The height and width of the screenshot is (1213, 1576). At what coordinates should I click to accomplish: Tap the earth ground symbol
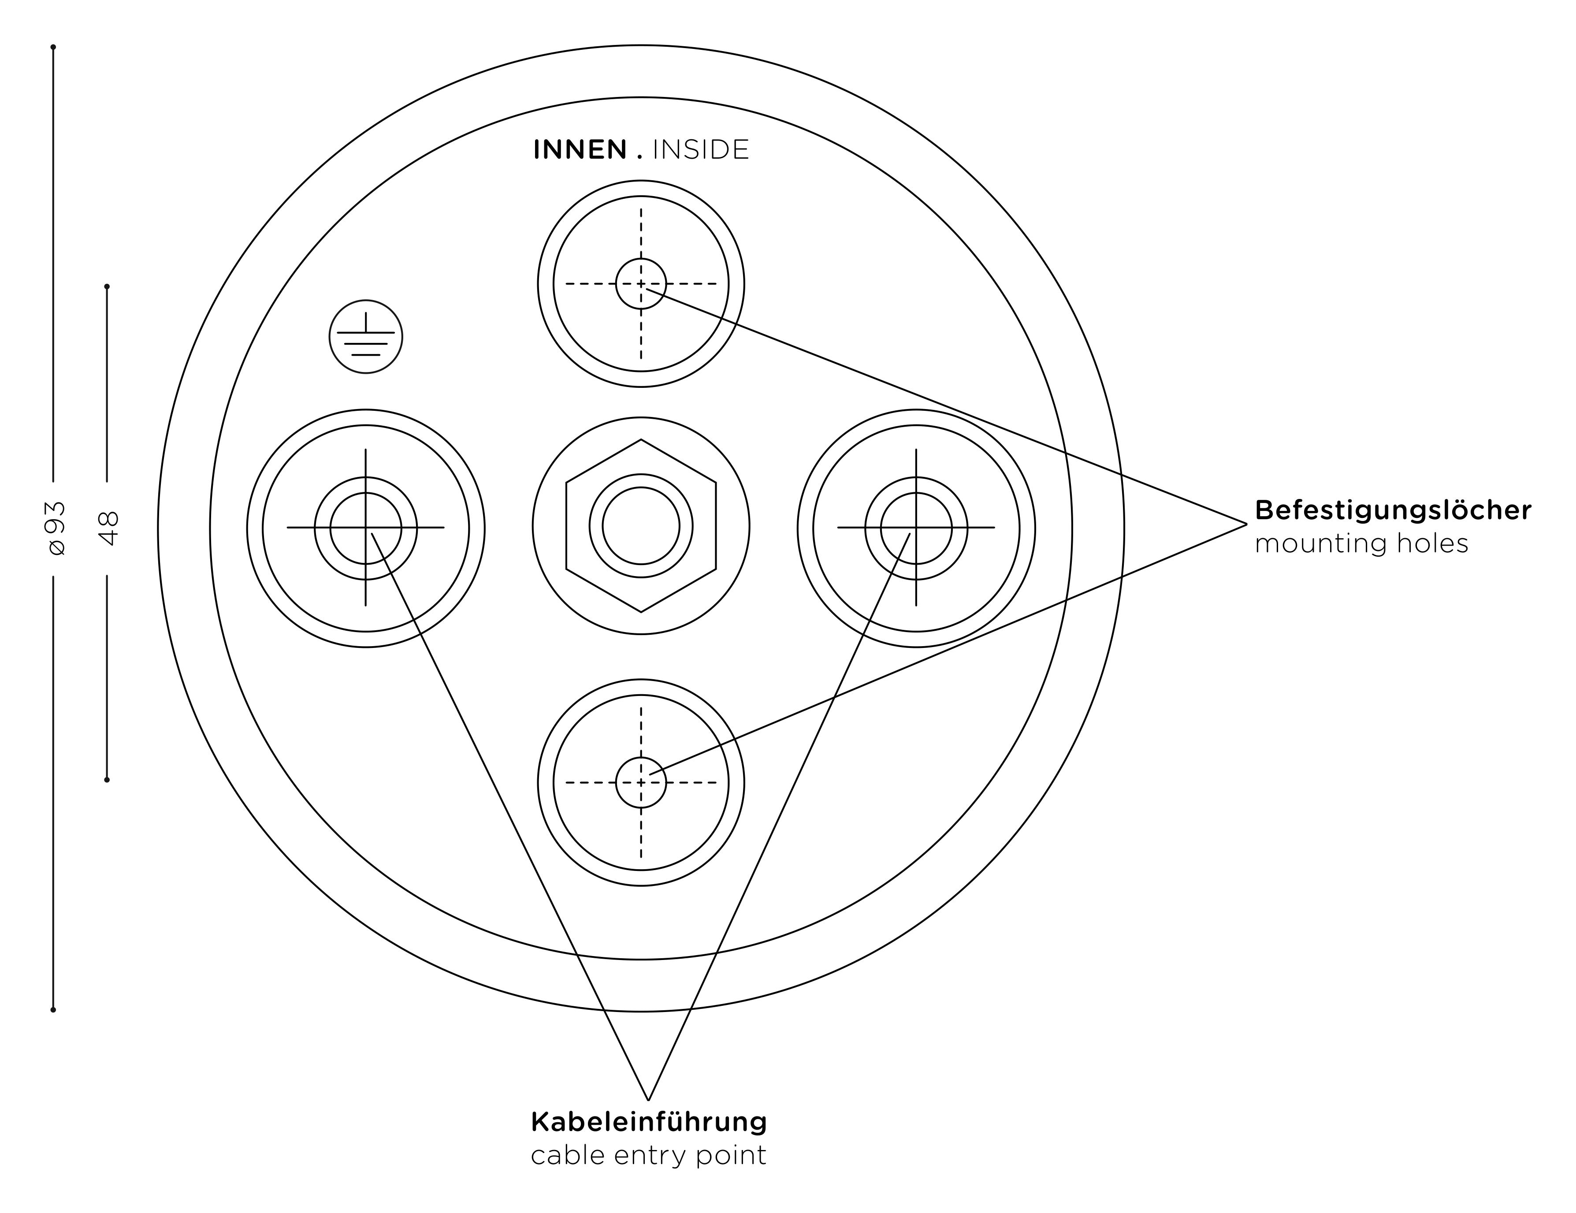click(x=366, y=337)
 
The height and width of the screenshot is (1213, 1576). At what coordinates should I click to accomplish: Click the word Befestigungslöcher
click(x=1393, y=510)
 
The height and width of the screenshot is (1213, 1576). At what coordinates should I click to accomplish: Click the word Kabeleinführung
click(x=649, y=1122)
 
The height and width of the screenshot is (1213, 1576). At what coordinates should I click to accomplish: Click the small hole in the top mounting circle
click(x=641, y=283)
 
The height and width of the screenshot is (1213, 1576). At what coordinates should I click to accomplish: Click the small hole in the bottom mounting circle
click(x=641, y=782)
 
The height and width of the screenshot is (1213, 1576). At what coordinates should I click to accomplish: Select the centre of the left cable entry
click(x=366, y=528)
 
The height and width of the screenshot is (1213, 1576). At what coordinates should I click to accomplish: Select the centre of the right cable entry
click(x=916, y=528)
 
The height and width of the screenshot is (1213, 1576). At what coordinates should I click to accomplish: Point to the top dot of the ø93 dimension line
click(x=53, y=47)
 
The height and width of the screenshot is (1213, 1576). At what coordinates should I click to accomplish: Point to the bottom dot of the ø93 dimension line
click(x=53, y=1009)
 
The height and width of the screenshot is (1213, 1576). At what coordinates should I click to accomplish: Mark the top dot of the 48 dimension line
click(x=107, y=287)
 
